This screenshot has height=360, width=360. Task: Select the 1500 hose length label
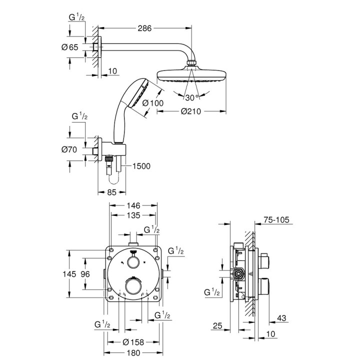pos(141,166)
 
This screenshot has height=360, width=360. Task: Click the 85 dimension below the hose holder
pos(112,191)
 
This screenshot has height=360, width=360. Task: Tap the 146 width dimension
pos(133,205)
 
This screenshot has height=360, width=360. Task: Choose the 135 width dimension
pos(133,216)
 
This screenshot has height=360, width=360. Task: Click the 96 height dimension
pos(86,273)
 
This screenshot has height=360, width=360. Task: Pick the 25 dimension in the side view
pos(216,325)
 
